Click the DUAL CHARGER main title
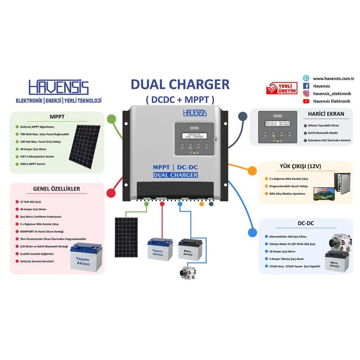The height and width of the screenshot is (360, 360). pyautogui.click(x=180, y=85)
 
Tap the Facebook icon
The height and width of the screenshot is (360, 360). pyautogui.click(x=306, y=86)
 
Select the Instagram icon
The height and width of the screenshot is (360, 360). pyautogui.click(x=306, y=94)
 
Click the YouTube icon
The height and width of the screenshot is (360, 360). pyautogui.click(x=306, y=101)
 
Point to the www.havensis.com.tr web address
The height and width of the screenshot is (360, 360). pyautogui.click(x=333, y=78)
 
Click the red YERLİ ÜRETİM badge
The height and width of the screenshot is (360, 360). pyautogui.click(x=282, y=88)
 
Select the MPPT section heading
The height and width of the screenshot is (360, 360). pyautogui.click(x=57, y=117)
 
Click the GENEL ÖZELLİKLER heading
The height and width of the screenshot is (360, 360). pyautogui.click(x=57, y=189)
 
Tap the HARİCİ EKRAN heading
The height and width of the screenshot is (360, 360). pyautogui.click(x=326, y=114)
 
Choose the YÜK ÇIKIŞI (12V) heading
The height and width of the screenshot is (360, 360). pyautogui.click(x=305, y=166)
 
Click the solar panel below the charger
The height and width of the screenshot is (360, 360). pyautogui.click(x=126, y=237)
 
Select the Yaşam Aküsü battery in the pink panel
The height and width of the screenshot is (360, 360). pyautogui.click(x=86, y=257)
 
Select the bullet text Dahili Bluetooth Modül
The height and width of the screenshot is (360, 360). pyautogui.click(x=323, y=133)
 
